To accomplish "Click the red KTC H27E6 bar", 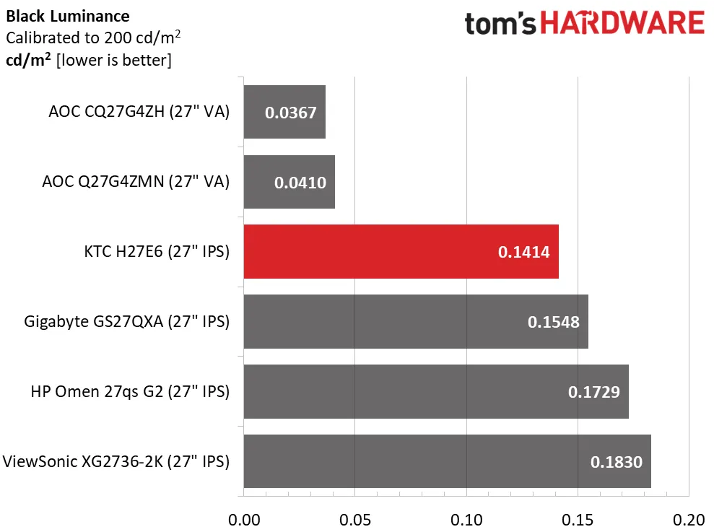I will [401, 252].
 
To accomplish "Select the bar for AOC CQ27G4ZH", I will [284, 112].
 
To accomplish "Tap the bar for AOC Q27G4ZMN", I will [289, 182].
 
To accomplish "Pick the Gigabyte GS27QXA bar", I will [416, 322].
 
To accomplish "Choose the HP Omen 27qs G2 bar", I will [436, 392].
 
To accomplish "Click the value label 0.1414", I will [524, 253].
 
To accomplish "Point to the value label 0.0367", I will [291, 113].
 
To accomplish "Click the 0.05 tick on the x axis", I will [355, 520].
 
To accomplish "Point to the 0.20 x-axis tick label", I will [689, 520].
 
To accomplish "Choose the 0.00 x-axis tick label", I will [244, 520].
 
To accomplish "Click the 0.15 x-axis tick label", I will [578, 520].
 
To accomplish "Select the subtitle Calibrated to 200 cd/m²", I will [92, 37].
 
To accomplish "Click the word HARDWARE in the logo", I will [623, 24].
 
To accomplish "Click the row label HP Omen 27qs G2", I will [130, 392].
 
